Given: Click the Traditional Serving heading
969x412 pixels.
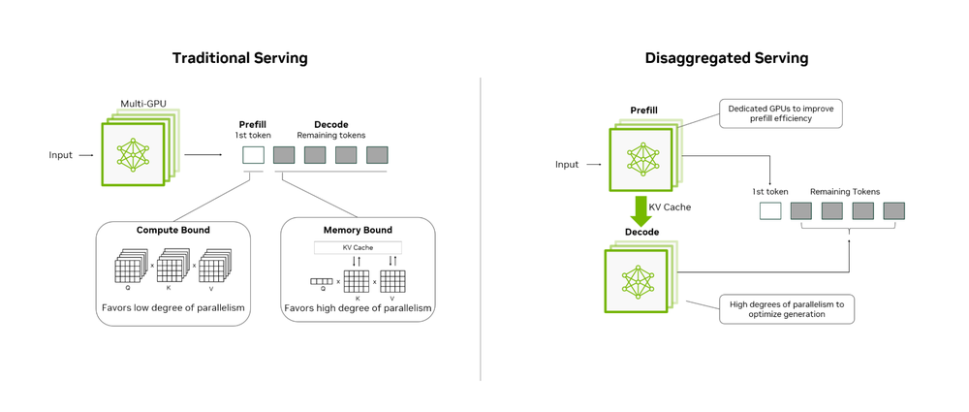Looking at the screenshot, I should click(x=239, y=58).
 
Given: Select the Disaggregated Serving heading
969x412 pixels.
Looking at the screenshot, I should click(x=726, y=58).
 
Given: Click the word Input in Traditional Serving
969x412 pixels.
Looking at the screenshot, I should click(x=61, y=155).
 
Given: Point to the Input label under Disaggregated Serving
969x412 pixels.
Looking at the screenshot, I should click(x=567, y=165).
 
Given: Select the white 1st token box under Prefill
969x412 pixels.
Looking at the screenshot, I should click(x=253, y=155).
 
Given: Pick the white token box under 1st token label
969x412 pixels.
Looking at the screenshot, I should click(x=770, y=211).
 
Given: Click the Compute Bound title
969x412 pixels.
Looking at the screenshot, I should click(x=173, y=231).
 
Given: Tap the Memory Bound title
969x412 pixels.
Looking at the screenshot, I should click(x=358, y=231).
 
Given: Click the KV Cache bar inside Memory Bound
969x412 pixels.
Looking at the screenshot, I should click(x=358, y=248).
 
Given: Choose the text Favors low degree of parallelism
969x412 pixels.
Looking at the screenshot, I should click(x=173, y=309).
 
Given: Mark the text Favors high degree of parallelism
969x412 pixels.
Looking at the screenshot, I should click(x=358, y=309).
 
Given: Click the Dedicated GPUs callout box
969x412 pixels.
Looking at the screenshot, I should click(x=780, y=113).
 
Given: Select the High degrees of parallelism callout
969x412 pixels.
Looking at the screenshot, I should click(x=786, y=309).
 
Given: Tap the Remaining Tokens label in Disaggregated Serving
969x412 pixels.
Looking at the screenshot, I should click(x=845, y=192).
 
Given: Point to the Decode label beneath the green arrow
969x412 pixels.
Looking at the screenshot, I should click(x=641, y=233).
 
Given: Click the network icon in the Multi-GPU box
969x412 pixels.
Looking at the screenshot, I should click(x=133, y=154).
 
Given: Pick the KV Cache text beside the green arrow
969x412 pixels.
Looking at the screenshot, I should click(x=670, y=207).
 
